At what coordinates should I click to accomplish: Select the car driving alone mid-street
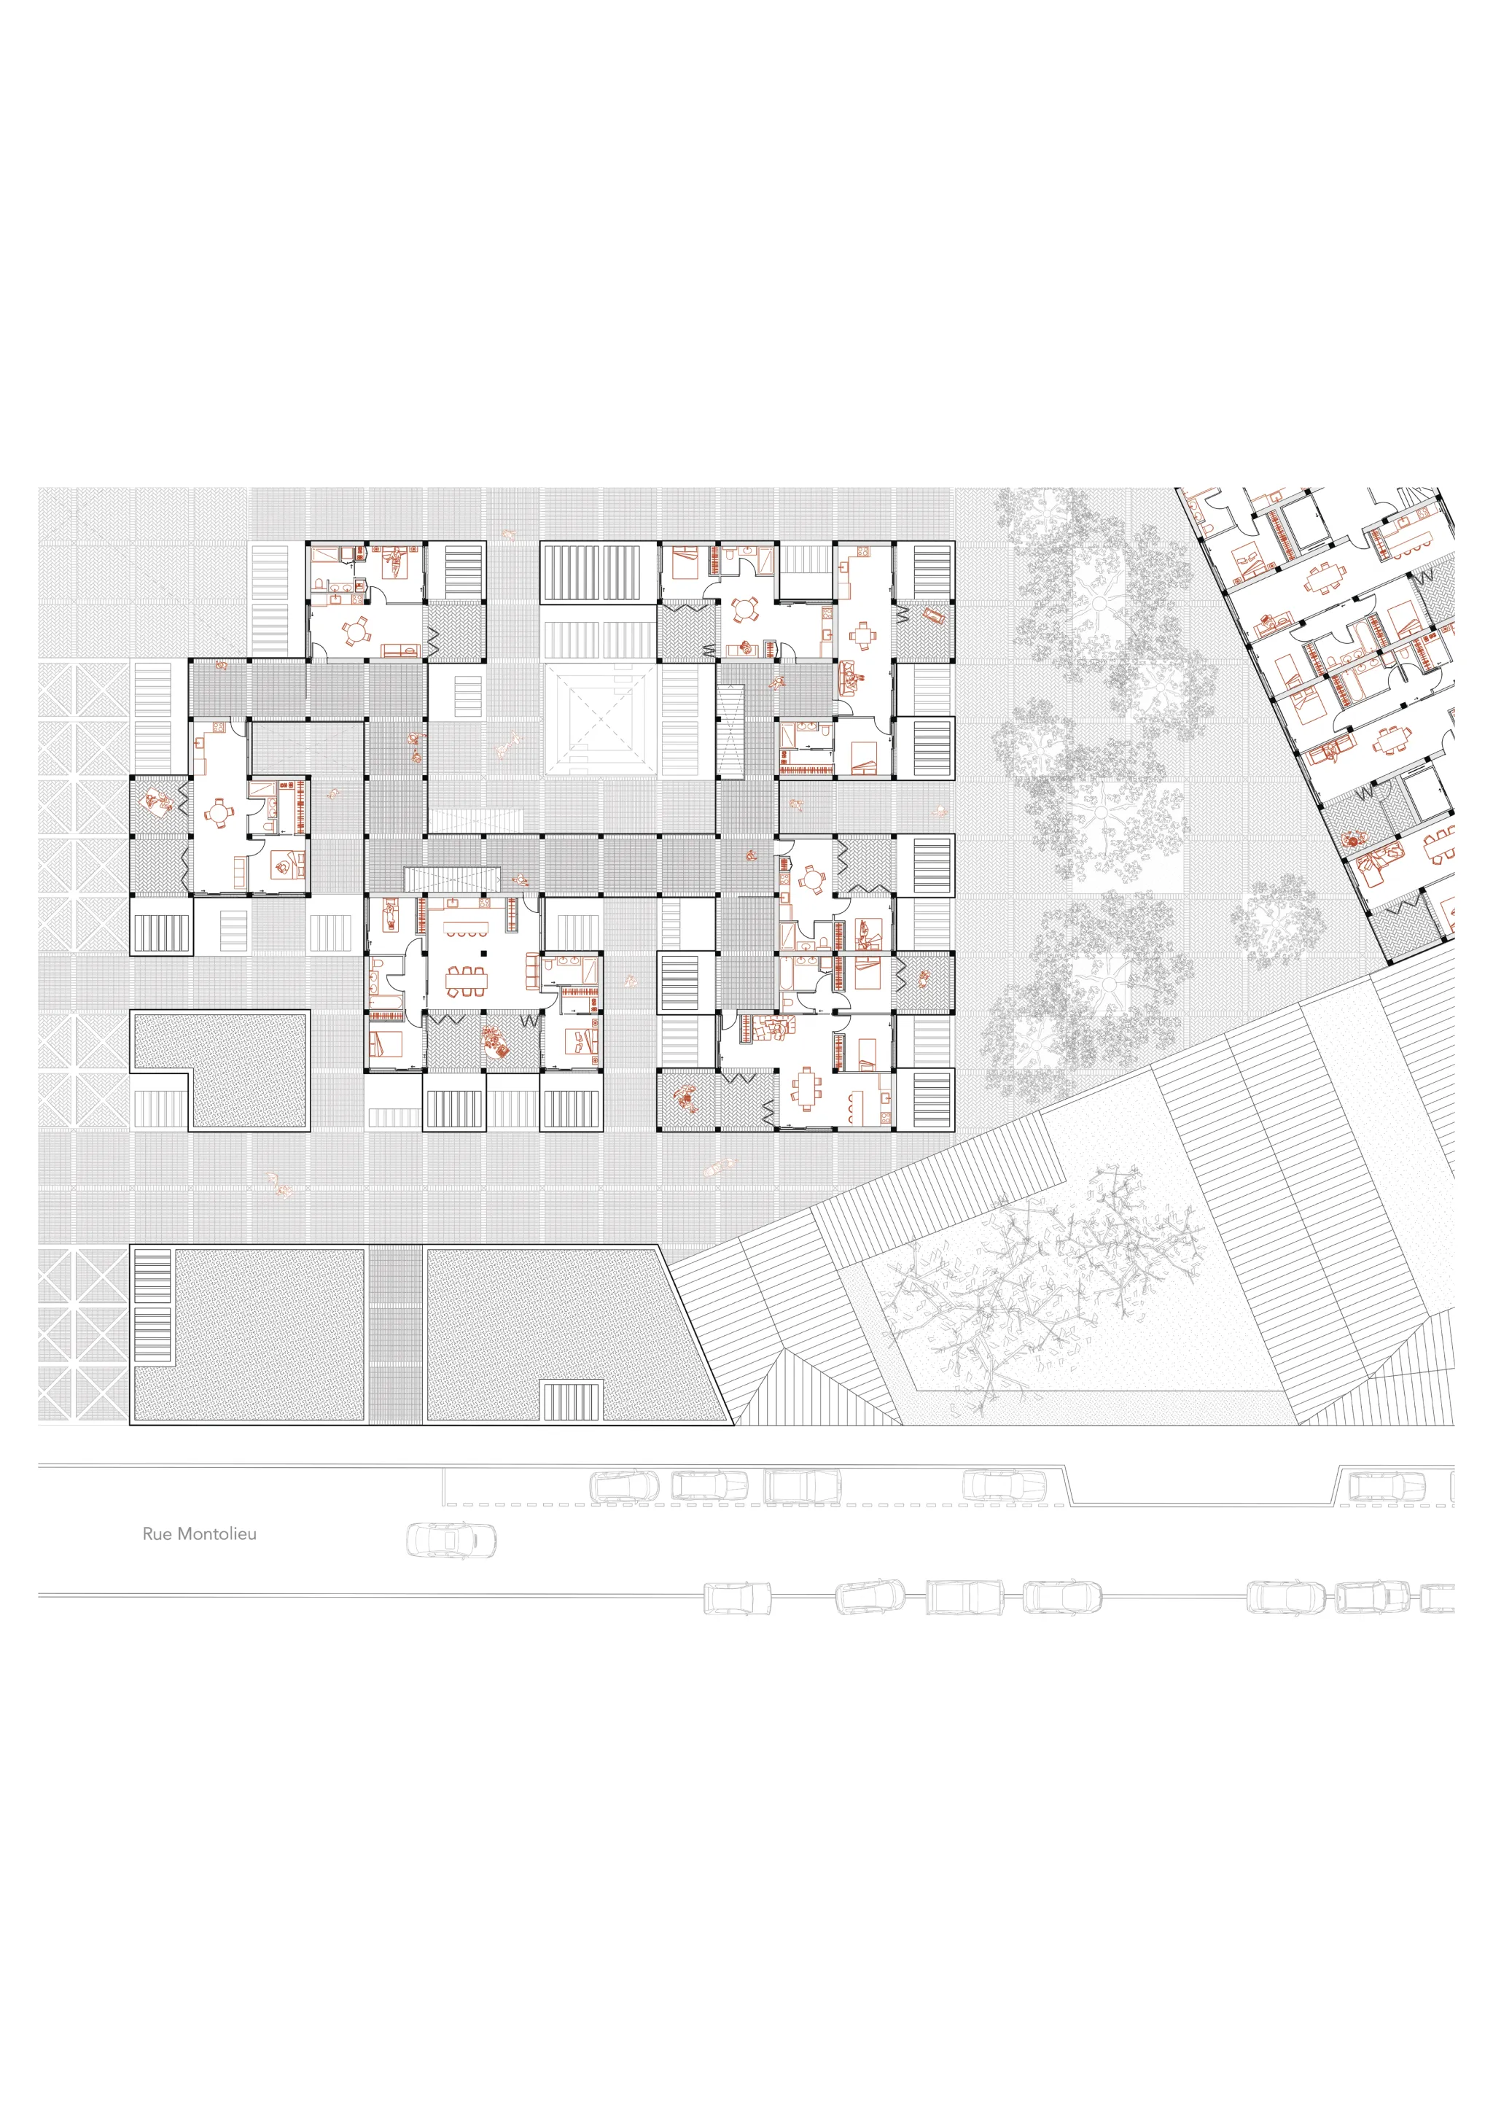click(x=451, y=1540)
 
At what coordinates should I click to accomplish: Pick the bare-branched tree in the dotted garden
click(x=1039, y=1278)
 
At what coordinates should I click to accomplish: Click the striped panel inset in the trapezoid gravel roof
click(x=571, y=1401)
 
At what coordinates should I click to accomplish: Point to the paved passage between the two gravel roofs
click(x=395, y=1334)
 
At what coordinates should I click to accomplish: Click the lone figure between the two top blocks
click(x=507, y=534)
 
